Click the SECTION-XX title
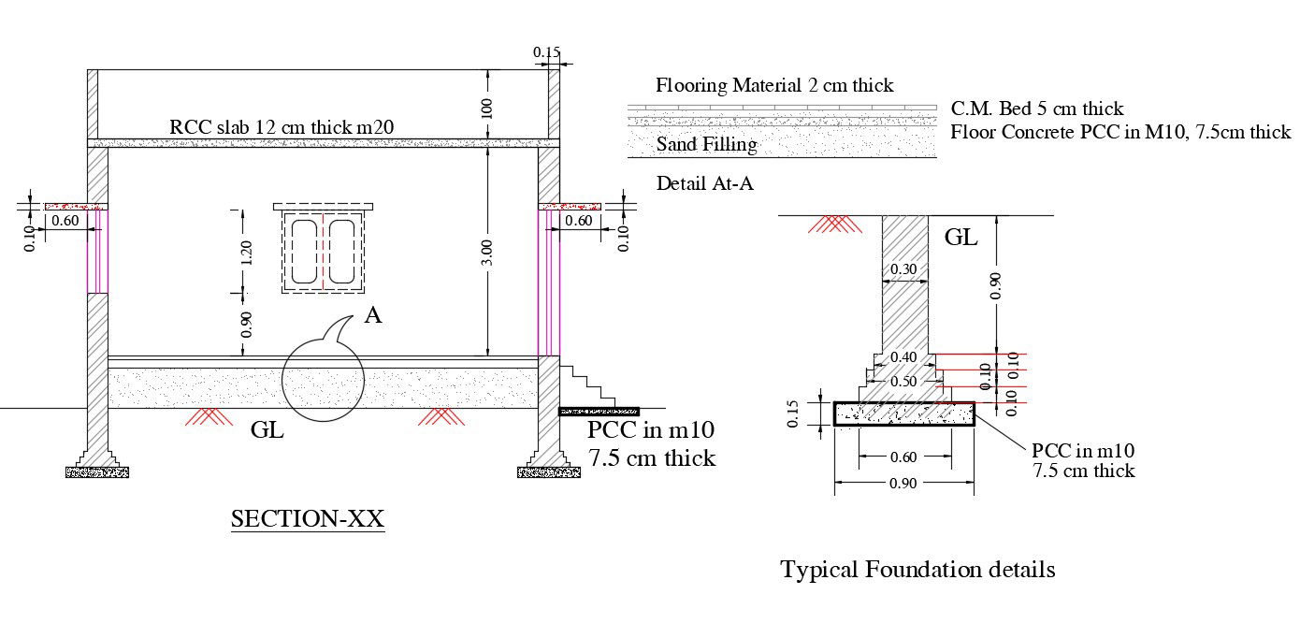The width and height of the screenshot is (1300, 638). click(308, 519)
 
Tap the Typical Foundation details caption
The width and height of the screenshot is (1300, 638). click(917, 569)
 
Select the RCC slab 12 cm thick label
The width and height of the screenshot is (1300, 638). click(286, 127)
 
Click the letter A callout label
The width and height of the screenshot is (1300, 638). click(372, 316)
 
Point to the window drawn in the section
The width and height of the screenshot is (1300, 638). click(323, 250)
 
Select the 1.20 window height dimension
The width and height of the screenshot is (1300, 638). click(246, 253)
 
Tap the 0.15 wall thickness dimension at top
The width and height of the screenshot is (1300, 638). click(547, 53)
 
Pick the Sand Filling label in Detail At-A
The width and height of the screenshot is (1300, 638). click(706, 144)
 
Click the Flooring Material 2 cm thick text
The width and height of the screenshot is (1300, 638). click(774, 86)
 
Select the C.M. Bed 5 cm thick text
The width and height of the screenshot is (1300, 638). click(1036, 109)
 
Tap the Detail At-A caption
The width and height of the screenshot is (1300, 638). click(704, 183)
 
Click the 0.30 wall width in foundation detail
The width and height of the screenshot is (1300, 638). click(903, 269)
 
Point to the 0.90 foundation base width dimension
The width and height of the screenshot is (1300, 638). click(903, 484)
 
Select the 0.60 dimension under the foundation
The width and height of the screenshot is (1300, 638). click(903, 457)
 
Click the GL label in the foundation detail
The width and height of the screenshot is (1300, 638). click(961, 238)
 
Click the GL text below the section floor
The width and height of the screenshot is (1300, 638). click(267, 431)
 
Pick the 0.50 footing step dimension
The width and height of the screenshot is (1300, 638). click(903, 382)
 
